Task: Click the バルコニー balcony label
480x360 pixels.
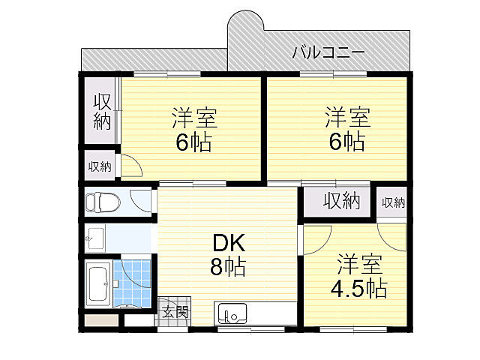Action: pyautogui.click(x=328, y=52)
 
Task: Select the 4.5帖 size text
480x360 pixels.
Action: pyautogui.click(x=359, y=288)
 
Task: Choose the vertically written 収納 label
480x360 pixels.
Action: pyautogui.click(x=101, y=113)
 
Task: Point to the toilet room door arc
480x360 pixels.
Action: pyautogui.click(x=140, y=201)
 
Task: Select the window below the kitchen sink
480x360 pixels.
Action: pyautogui.click(x=250, y=328)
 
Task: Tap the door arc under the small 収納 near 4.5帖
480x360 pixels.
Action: pyautogui.click(x=393, y=232)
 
